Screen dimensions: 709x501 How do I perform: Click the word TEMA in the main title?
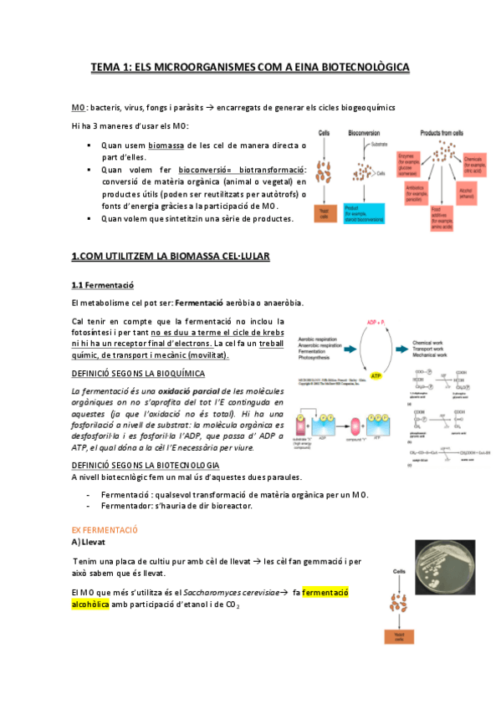(x=106, y=66)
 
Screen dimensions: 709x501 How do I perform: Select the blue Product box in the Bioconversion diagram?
(x=365, y=212)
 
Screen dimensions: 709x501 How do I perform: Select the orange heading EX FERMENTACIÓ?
(x=105, y=530)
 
